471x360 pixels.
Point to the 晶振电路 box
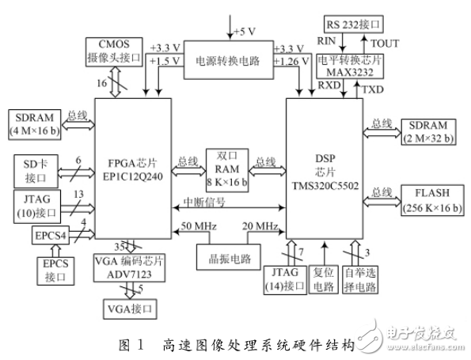pyautogui.click(x=222, y=257)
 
